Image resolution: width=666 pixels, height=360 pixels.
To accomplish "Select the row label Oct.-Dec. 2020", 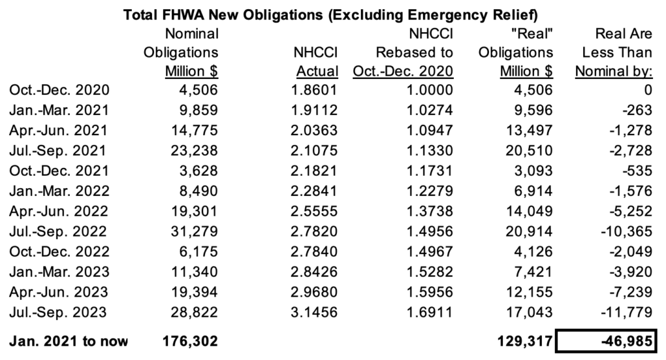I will [x=59, y=90].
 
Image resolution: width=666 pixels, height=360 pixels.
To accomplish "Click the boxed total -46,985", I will [x=614, y=341].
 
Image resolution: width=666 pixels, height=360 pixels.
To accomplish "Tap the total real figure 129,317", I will [x=523, y=341].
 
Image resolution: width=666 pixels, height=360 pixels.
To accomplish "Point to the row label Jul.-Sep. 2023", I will [x=59, y=313].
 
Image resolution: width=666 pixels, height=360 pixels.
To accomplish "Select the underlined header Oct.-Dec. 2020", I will [x=403, y=70].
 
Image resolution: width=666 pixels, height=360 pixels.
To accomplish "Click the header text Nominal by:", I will [x=614, y=70].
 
